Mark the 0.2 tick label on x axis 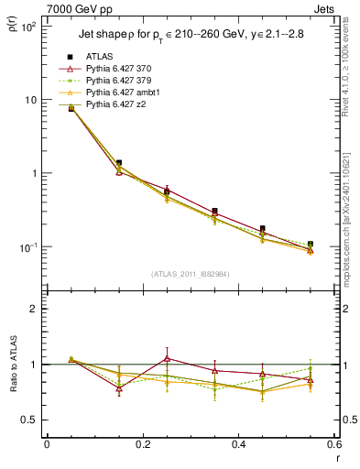click(142, 444)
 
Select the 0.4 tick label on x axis click(238, 444)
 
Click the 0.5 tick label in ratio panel click(32, 420)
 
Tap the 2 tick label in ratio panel click(36, 309)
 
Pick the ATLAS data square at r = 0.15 click(119, 163)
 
